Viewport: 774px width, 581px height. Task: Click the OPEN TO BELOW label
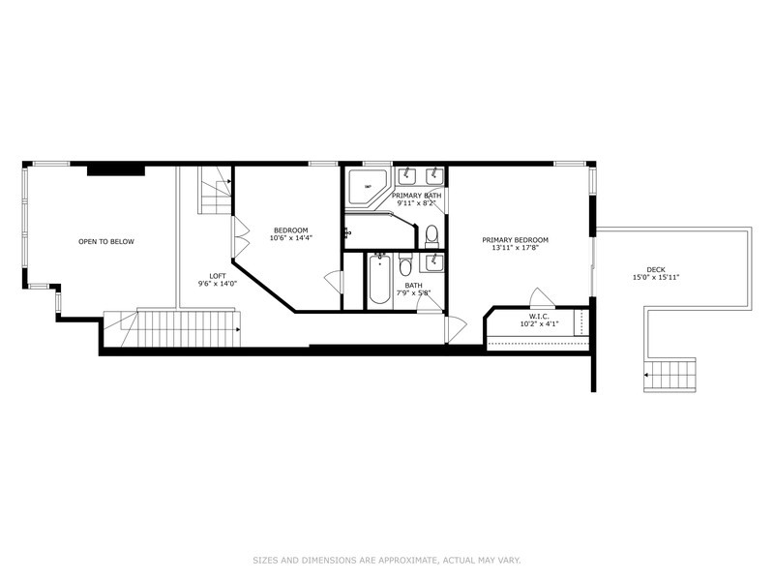click(106, 241)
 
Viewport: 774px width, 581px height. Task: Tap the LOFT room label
click(218, 276)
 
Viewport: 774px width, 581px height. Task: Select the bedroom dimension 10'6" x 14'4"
click(291, 237)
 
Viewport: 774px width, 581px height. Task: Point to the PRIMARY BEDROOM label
click(516, 240)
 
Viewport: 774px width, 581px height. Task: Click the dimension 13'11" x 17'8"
click(516, 248)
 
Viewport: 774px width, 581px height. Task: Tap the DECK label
click(656, 270)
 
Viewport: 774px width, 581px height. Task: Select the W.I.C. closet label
click(539, 317)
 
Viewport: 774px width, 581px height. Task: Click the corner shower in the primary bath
click(369, 187)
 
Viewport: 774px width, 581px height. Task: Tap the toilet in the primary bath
click(432, 236)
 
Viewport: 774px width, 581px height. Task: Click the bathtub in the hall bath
click(379, 279)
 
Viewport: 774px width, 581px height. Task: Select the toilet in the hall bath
click(405, 264)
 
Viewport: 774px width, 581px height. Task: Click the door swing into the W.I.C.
click(542, 298)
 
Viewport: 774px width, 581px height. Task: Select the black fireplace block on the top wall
click(116, 170)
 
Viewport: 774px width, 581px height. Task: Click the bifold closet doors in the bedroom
click(241, 237)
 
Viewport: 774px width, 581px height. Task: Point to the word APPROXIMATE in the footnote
click(407, 561)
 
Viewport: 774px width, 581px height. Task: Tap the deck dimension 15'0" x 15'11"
click(656, 278)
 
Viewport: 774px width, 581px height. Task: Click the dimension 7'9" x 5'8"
click(414, 292)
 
